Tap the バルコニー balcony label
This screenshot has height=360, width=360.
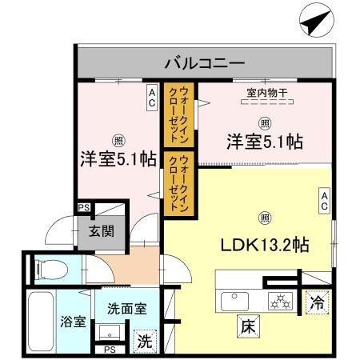pos(205,62)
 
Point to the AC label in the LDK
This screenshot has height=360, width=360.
pos(325,199)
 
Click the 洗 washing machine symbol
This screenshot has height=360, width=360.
pos(144,339)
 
